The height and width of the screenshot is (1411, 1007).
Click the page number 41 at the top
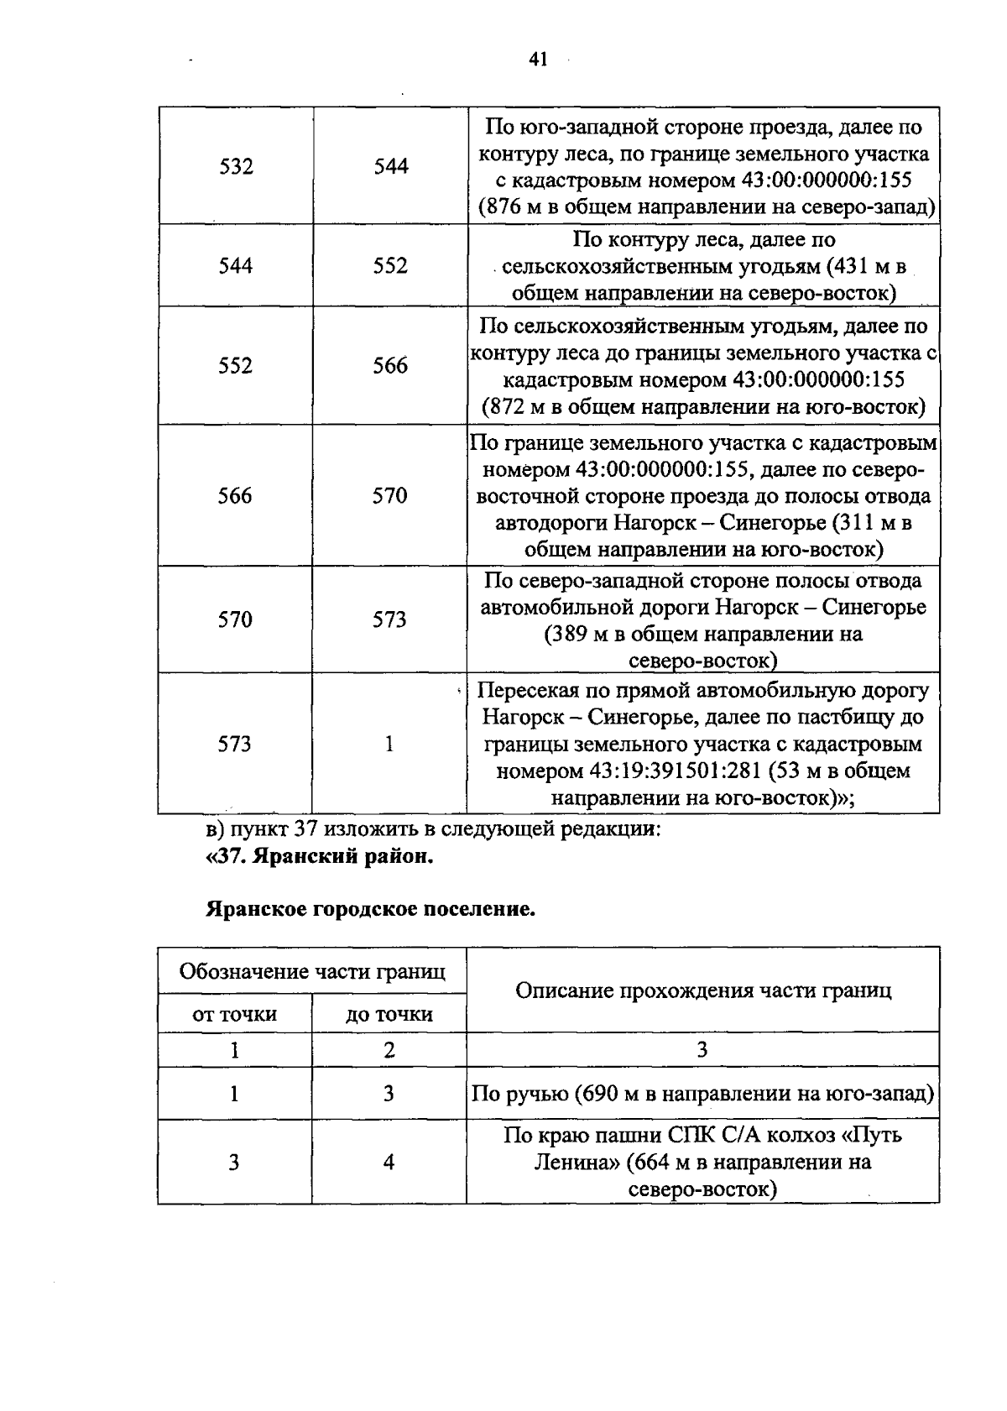click(538, 59)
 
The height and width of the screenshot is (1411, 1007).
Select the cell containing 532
click(236, 166)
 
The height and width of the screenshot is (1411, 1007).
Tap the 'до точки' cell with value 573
click(389, 619)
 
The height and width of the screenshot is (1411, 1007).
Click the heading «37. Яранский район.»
click(319, 858)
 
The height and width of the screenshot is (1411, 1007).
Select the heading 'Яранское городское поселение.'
click(370, 909)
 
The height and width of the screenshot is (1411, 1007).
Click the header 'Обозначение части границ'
click(312, 972)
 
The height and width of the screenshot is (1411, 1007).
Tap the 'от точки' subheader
click(234, 1014)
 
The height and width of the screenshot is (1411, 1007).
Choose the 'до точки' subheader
click(389, 1014)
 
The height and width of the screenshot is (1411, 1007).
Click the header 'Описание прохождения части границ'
click(702, 990)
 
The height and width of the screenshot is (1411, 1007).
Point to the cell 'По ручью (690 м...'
click(702, 1094)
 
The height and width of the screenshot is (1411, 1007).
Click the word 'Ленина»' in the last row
click(569, 1163)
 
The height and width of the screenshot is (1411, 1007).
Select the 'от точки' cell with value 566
click(235, 496)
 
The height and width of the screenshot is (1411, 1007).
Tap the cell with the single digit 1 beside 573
click(389, 744)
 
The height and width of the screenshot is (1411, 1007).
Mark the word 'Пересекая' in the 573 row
click(529, 691)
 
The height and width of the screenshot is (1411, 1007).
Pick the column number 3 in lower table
click(702, 1050)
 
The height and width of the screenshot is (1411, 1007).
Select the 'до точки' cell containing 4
click(389, 1163)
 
